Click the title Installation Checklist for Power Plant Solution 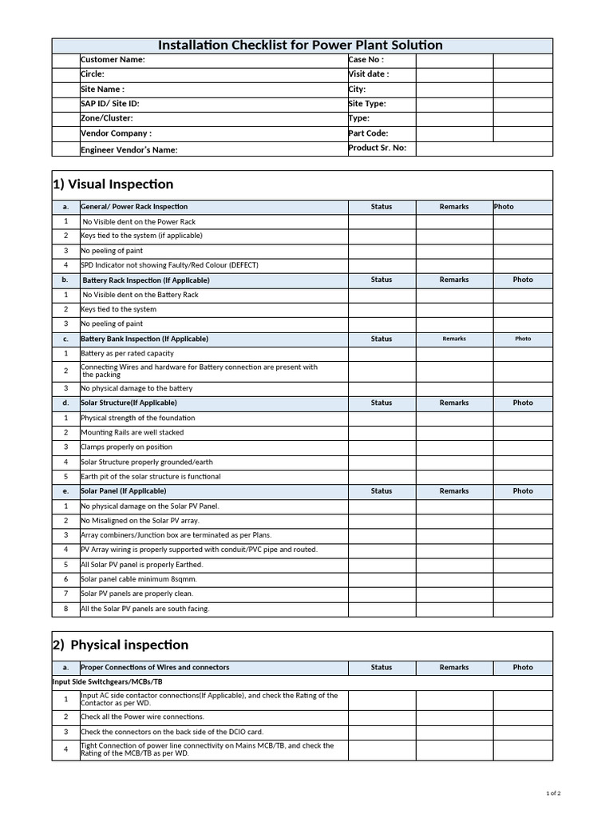(300, 46)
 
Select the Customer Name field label (113, 60)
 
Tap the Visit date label (369, 74)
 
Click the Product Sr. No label (377, 148)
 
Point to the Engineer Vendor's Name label (129, 149)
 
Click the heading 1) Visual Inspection (113, 185)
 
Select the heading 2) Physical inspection (121, 645)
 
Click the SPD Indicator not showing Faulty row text (169, 265)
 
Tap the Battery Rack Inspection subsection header (146, 280)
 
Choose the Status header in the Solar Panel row (382, 491)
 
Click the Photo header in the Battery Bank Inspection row (523, 339)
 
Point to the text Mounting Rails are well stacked (132, 432)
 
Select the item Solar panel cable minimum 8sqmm (138, 579)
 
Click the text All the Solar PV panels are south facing (144, 609)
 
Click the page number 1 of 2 (553, 793)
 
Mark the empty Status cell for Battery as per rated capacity (382, 353)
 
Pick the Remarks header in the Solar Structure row (454, 403)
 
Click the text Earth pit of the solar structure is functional (151, 477)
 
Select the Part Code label (368, 133)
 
